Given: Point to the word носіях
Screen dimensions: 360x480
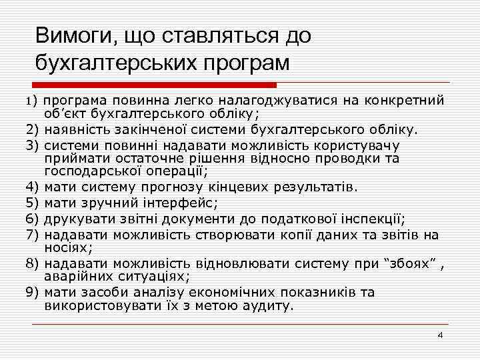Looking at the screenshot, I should (65, 245).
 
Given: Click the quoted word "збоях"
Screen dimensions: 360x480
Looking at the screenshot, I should (412, 263).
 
